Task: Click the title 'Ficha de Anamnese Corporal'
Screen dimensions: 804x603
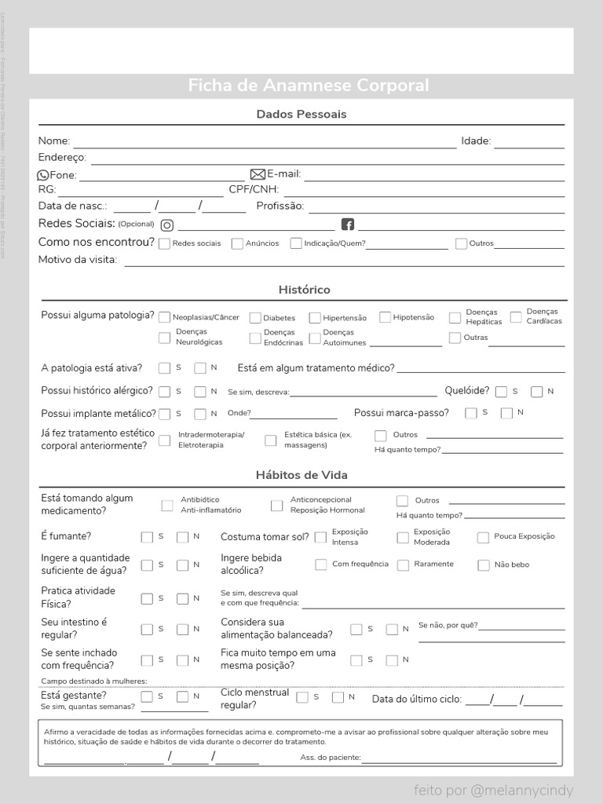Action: click(x=308, y=86)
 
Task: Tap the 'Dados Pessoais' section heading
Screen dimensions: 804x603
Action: click(x=301, y=115)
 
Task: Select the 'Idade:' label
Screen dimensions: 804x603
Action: click(x=476, y=141)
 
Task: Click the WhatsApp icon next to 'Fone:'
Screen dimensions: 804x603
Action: click(x=43, y=175)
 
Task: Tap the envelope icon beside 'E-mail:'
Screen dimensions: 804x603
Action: click(x=258, y=174)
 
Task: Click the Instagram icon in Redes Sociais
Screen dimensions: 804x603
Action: click(x=167, y=225)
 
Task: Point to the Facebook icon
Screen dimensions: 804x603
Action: click(x=349, y=225)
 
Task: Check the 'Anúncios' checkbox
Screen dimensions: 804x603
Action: click(x=237, y=244)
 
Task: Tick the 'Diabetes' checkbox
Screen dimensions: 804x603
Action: click(x=255, y=318)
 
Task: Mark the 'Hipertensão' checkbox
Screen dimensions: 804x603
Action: click(x=315, y=318)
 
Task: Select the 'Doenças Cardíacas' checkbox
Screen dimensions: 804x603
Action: click(x=516, y=317)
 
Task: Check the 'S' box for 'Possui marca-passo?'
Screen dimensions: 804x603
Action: click(x=471, y=413)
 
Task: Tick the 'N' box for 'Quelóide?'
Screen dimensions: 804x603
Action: click(x=537, y=391)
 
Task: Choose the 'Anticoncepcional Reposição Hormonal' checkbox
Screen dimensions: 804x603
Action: click(x=276, y=506)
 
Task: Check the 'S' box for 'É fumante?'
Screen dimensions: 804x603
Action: click(x=147, y=537)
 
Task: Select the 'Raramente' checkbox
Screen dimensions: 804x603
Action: click(x=404, y=565)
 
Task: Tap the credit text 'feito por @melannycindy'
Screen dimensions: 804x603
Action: click(x=494, y=790)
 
